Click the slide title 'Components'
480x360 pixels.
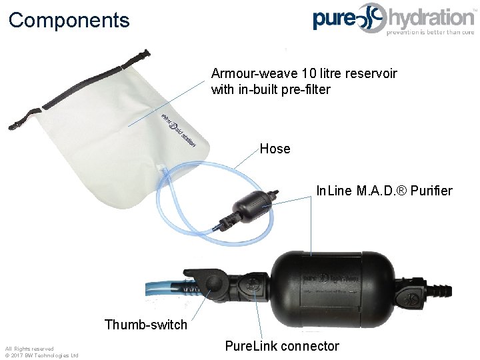69,20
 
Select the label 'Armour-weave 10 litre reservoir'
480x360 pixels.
303,73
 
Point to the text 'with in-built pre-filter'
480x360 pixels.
270,89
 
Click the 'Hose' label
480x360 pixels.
275,149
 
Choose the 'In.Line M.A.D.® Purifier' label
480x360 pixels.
384,191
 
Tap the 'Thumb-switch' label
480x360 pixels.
145,325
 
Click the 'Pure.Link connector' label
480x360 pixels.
281,346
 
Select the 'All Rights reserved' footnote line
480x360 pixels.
29,349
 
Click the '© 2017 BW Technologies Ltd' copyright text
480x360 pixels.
41,355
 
